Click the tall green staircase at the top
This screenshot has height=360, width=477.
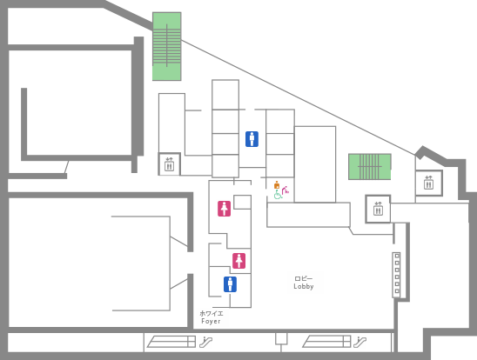click(x=167, y=46)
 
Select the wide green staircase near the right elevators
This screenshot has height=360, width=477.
click(x=370, y=166)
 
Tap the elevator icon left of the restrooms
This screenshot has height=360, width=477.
click(x=169, y=164)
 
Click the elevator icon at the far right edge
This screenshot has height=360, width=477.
click(x=428, y=183)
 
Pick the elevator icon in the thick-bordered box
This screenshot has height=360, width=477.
click(x=378, y=209)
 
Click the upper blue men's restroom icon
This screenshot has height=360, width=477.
click(x=252, y=139)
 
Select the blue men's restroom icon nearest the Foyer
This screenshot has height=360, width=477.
click(x=230, y=284)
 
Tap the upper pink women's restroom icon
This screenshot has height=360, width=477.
click(x=224, y=209)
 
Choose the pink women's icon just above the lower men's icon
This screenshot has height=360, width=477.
click(x=238, y=261)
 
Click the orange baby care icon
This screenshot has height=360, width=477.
click(x=277, y=185)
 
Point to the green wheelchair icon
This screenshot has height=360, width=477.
click(x=278, y=195)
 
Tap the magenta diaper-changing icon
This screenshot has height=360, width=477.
click(x=286, y=190)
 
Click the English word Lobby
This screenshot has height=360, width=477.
click(x=304, y=286)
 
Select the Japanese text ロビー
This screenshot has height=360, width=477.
click(x=304, y=278)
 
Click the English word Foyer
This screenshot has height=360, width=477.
click(x=211, y=321)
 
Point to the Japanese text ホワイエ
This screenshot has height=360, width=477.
click(x=212, y=313)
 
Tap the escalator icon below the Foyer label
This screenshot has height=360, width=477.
click(x=206, y=342)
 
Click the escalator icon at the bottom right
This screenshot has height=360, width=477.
click(x=359, y=342)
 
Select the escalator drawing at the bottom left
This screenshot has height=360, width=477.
click(x=171, y=342)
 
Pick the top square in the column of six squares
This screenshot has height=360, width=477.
click(x=397, y=256)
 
